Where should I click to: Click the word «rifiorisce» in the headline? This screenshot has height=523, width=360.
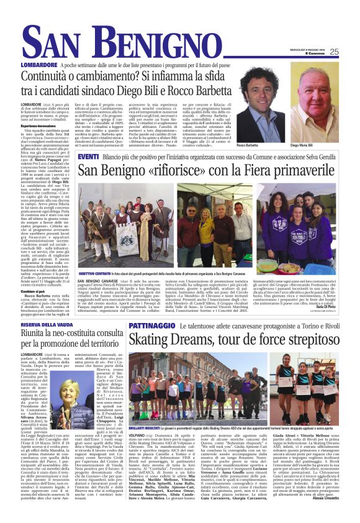tap(183, 170)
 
